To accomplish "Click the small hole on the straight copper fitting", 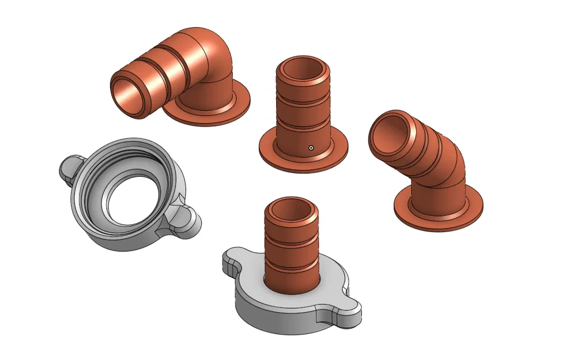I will pos(311,147).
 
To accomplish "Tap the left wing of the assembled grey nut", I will pos(233,263).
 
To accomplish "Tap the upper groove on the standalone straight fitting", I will pos(303,97).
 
